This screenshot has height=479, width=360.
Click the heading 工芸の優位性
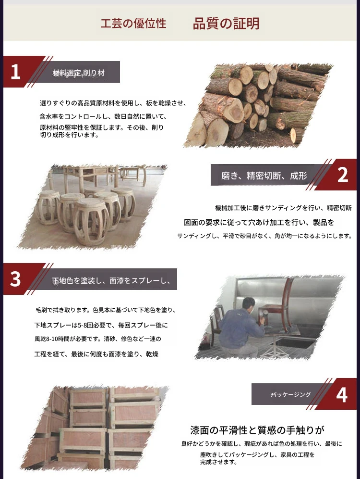[133, 24]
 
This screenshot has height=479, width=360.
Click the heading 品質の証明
[226, 24]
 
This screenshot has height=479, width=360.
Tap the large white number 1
[15, 72]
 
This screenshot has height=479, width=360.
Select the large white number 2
[343, 175]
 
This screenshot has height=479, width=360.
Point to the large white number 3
[15, 279]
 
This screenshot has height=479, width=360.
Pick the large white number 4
[342, 395]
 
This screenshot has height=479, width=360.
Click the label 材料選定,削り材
[79, 73]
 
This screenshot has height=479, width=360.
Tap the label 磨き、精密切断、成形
[264, 176]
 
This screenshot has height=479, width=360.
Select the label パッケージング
[291, 394]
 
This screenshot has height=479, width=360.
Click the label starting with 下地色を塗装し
[111, 280]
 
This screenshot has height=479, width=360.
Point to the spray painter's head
[249, 304]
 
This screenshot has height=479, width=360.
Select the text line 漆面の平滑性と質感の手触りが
[257, 430]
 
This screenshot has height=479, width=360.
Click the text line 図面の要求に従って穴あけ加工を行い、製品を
[259, 222]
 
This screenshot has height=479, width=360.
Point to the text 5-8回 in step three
[85, 325]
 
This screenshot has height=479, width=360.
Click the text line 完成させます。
[218, 462]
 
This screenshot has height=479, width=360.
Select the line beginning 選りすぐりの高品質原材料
[113, 103]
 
